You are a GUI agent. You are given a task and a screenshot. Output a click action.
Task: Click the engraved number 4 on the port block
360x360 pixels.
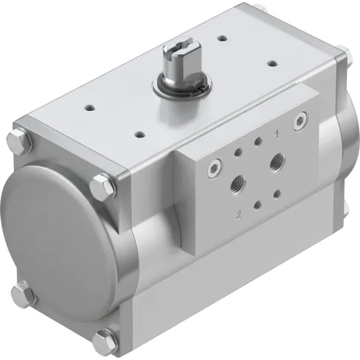[x=277, y=133]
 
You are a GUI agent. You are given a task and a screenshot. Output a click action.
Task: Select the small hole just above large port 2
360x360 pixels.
[x=237, y=152]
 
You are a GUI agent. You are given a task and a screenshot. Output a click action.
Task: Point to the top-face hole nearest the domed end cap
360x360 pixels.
[x=90, y=108]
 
